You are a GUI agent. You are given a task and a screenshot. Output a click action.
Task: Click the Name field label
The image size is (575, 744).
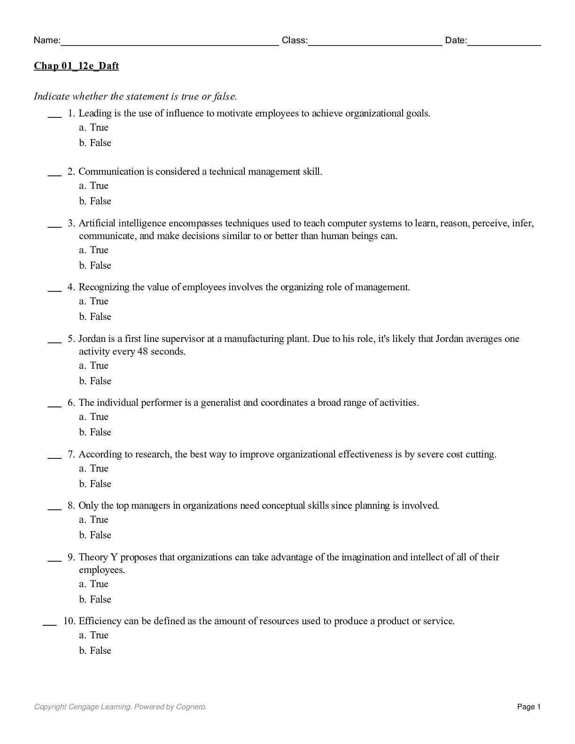pyautogui.click(x=47, y=40)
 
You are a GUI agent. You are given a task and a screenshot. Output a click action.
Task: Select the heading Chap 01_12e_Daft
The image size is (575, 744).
pyautogui.click(x=76, y=66)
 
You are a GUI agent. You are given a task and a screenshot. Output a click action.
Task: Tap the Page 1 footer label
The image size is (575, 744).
pyautogui.click(x=529, y=706)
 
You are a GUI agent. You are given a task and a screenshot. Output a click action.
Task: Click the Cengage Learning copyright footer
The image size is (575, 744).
pyautogui.click(x=120, y=706)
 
